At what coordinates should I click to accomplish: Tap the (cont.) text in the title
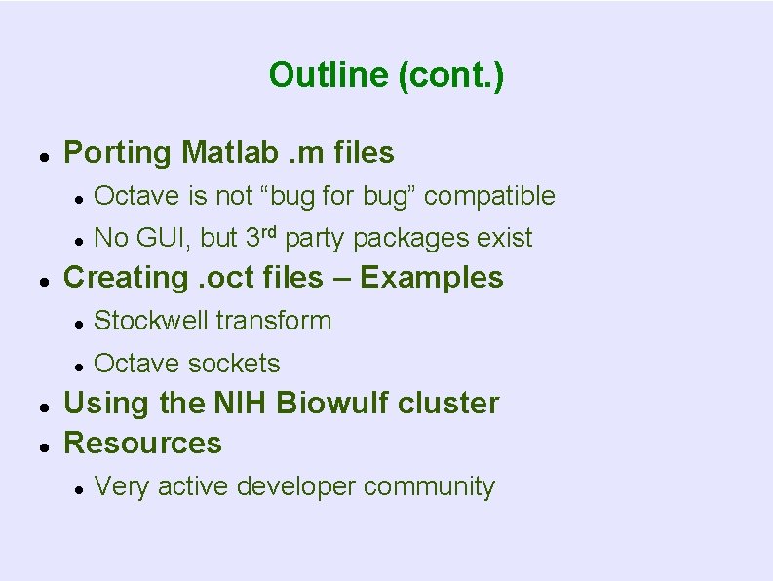[x=450, y=75]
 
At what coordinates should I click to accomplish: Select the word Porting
[x=117, y=153]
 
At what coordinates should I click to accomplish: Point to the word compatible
[x=489, y=196]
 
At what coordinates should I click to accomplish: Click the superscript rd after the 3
[x=270, y=232]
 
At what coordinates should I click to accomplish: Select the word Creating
[x=123, y=278]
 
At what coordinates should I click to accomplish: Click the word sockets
[x=233, y=364]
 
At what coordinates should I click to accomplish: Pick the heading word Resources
[x=142, y=444]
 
